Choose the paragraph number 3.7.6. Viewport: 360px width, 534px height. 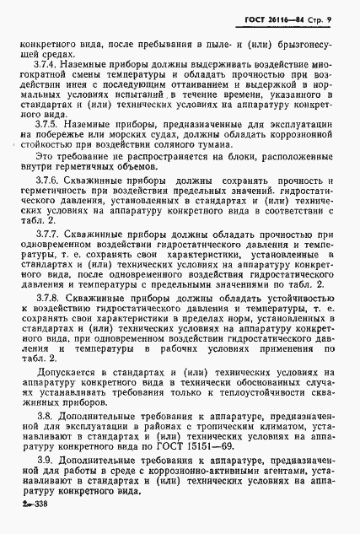click(48, 181)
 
